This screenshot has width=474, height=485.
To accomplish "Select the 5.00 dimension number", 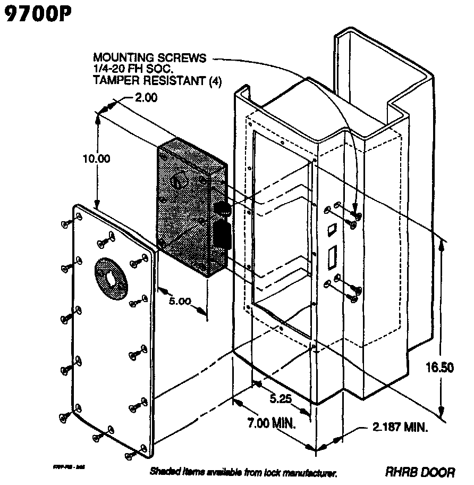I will point(180,301).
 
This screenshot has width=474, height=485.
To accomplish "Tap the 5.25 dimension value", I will point(281,398).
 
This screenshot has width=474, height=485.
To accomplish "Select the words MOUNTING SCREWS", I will point(150,57).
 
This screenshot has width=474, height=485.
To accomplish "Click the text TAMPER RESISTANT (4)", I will point(157,81).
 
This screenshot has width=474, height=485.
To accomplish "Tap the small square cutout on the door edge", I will point(332,230).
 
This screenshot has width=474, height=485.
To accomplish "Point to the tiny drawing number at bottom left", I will point(69,466).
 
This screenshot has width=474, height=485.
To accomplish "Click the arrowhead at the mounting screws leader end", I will point(356,213).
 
